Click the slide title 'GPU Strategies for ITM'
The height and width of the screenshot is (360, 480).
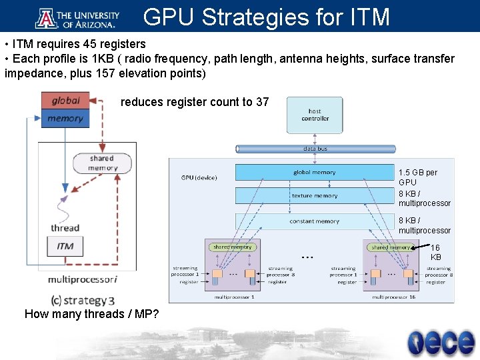(266, 17)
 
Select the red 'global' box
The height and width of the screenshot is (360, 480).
(65, 101)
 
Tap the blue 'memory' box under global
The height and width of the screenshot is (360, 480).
(65, 119)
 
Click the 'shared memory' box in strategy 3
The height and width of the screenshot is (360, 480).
(102, 163)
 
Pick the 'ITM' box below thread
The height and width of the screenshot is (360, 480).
(65, 246)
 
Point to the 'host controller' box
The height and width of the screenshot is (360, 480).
(315, 115)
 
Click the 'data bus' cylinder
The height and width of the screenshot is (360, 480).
(315, 149)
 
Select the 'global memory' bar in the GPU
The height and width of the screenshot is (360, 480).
(315, 173)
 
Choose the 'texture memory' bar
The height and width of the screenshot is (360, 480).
(315, 196)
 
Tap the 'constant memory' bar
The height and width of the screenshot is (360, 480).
(315, 221)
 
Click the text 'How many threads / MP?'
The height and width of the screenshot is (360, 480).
(91, 314)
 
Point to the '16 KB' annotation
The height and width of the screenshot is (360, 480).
(435, 252)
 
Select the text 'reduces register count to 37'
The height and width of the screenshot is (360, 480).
(195, 102)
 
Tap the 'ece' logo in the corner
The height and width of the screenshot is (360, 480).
(441, 341)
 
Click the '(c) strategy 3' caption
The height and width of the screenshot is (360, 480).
(83, 300)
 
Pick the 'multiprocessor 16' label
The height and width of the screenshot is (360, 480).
(393, 297)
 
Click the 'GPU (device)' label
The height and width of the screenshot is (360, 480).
(199, 177)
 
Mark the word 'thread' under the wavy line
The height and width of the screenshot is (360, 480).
(65, 228)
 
